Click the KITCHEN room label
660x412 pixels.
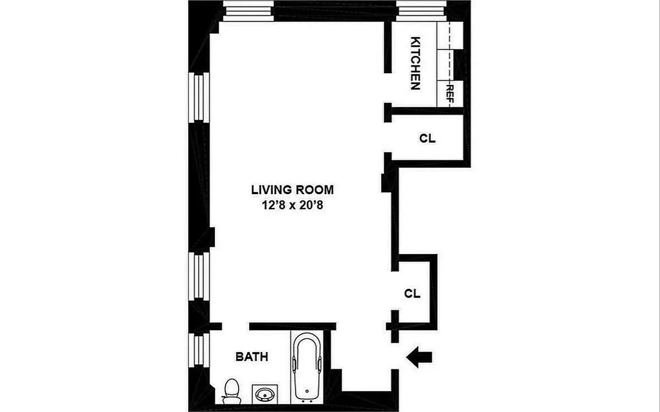(416, 63)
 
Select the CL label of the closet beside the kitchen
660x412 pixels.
(427, 139)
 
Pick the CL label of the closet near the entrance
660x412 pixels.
(412, 294)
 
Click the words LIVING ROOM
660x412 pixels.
(292, 190)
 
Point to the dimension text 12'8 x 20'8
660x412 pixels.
(292, 206)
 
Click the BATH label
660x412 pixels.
(252, 356)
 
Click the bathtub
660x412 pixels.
(307, 367)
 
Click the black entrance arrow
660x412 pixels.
(419, 357)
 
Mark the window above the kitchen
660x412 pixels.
(421, 10)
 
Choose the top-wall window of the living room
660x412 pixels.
(249, 10)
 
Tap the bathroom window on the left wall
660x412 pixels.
(199, 350)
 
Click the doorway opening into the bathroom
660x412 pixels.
(236, 326)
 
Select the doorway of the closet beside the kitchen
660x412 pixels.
(388, 138)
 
